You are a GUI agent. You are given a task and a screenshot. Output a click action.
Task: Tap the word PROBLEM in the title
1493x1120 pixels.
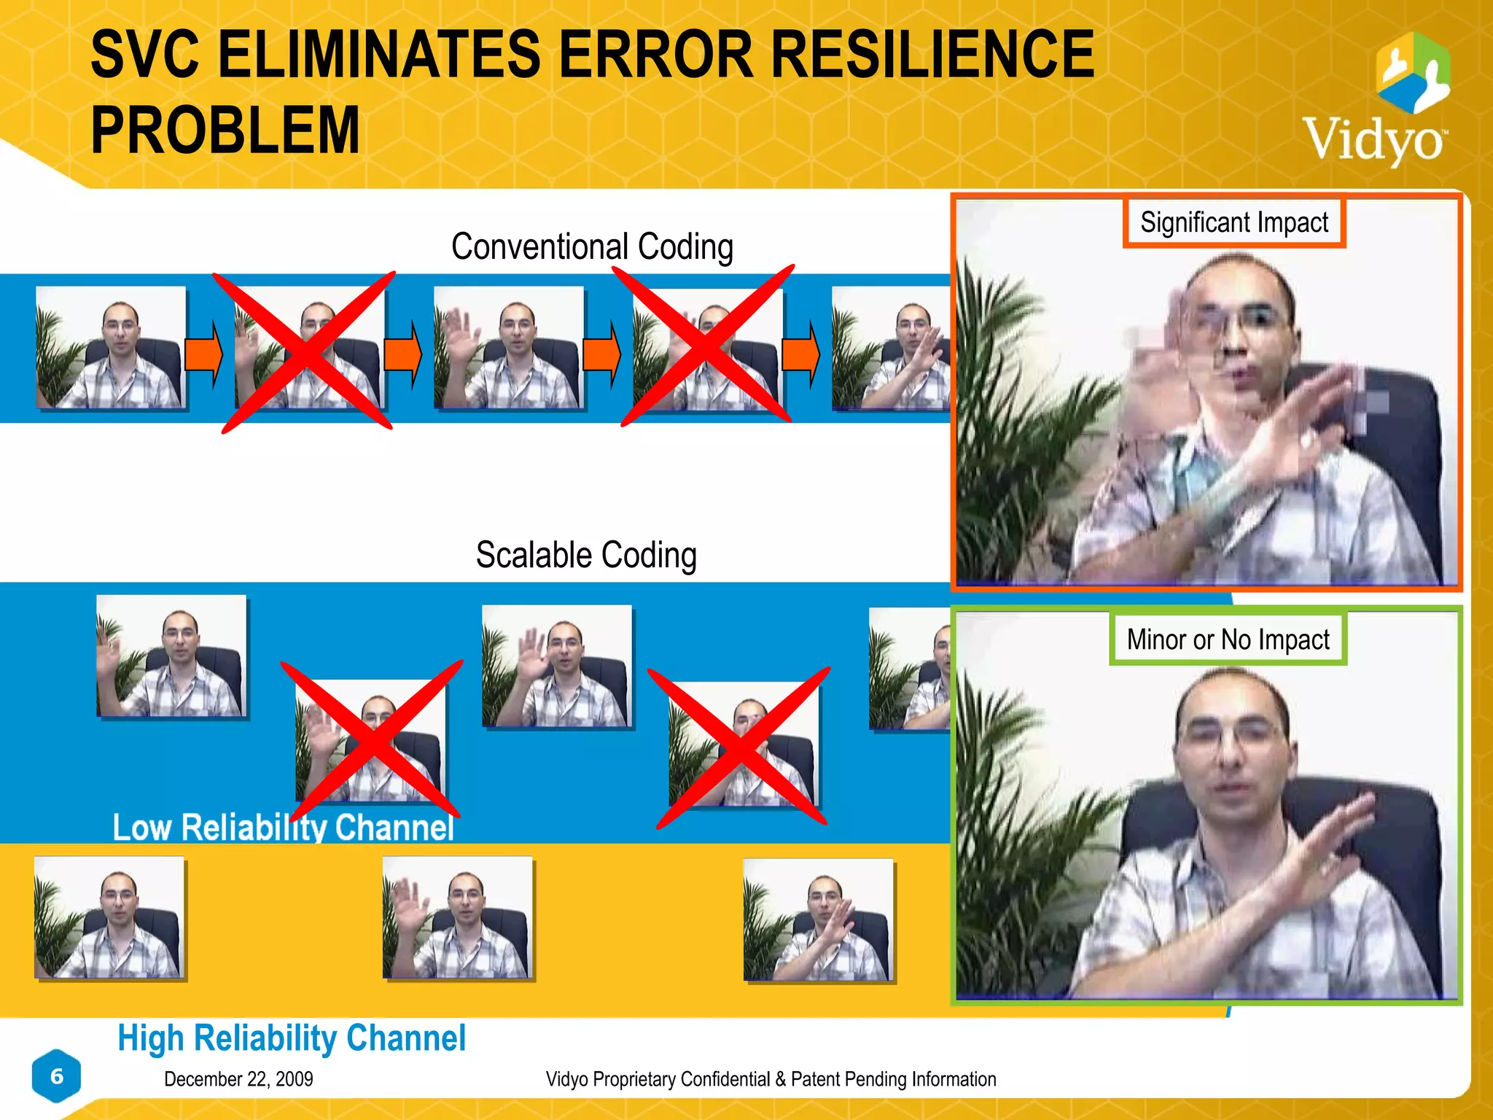point(225,131)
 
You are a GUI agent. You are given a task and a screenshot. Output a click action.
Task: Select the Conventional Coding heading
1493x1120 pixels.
point(592,246)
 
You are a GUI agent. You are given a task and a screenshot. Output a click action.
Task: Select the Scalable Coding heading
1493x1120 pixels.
point(586,555)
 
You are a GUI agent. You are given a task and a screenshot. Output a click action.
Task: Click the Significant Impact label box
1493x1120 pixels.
point(1233,222)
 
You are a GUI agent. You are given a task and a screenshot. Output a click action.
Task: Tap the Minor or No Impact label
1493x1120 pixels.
point(1228,639)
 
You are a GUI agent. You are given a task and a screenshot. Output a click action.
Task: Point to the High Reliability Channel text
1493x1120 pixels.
point(292,1038)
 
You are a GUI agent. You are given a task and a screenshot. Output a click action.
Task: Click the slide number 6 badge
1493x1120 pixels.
point(57,1076)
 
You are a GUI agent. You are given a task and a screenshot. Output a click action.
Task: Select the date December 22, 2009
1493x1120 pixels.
point(238,1079)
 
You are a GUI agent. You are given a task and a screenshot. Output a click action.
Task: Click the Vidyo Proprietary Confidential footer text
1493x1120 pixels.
point(771,1079)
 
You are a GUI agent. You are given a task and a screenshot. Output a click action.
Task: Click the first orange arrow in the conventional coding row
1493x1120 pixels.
point(203,354)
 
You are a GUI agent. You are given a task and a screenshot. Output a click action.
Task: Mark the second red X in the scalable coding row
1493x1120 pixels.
point(739,747)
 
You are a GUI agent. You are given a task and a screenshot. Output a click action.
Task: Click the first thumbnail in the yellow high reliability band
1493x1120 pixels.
point(109,918)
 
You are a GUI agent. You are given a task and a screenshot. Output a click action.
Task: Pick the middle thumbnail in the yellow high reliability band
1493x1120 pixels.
point(458,918)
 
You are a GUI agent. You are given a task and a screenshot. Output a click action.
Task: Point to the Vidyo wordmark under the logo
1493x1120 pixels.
point(1373,139)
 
